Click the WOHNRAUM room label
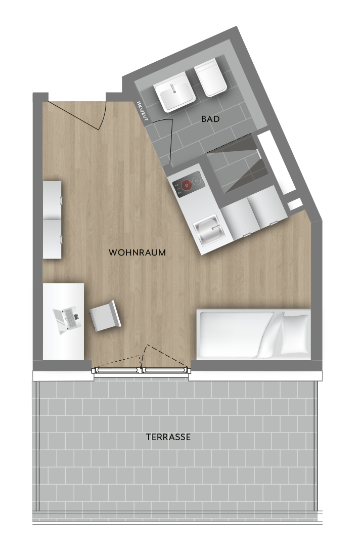coord(137,252)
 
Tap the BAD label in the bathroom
coord(210,119)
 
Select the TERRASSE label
coord(168,437)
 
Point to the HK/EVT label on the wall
coord(142,111)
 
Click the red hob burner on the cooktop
coord(186,185)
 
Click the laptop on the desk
coord(67,320)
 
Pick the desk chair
coord(105,316)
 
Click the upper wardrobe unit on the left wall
coord(52,200)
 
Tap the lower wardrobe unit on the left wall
coord(52,239)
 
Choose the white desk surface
coord(64,321)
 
